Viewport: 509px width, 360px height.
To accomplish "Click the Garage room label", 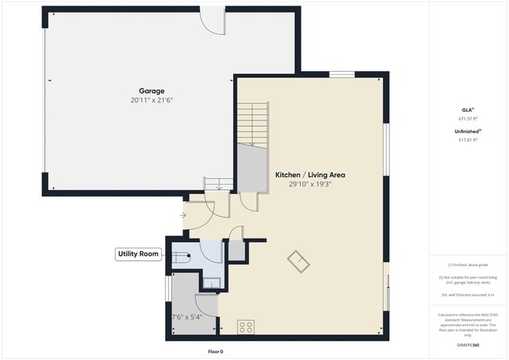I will click(x=152, y=91).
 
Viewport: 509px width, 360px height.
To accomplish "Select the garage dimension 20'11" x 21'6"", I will click(x=152, y=101).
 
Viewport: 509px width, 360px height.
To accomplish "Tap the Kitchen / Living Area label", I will click(x=309, y=175).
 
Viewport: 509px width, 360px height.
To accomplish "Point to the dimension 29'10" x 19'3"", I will click(x=309, y=185).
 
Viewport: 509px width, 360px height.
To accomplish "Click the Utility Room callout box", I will click(x=138, y=254).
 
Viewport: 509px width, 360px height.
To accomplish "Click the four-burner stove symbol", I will click(x=245, y=327).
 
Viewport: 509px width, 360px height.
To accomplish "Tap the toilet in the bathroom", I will click(x=181, y=256).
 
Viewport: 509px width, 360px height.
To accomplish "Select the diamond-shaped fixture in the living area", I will click(x=298, y=261).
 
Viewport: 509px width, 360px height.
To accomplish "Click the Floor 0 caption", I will click(x=215, y=351).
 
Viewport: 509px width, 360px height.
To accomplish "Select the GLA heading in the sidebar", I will click(x=467, y=110).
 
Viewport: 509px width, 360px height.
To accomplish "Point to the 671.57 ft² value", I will click(x=467, y=119).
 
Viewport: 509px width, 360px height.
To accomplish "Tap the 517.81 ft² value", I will click(x=467, y=140).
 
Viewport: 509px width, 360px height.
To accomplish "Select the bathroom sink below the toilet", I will click(x=211, y=283).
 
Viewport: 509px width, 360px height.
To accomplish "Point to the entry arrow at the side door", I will click(x=184, y=214).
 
